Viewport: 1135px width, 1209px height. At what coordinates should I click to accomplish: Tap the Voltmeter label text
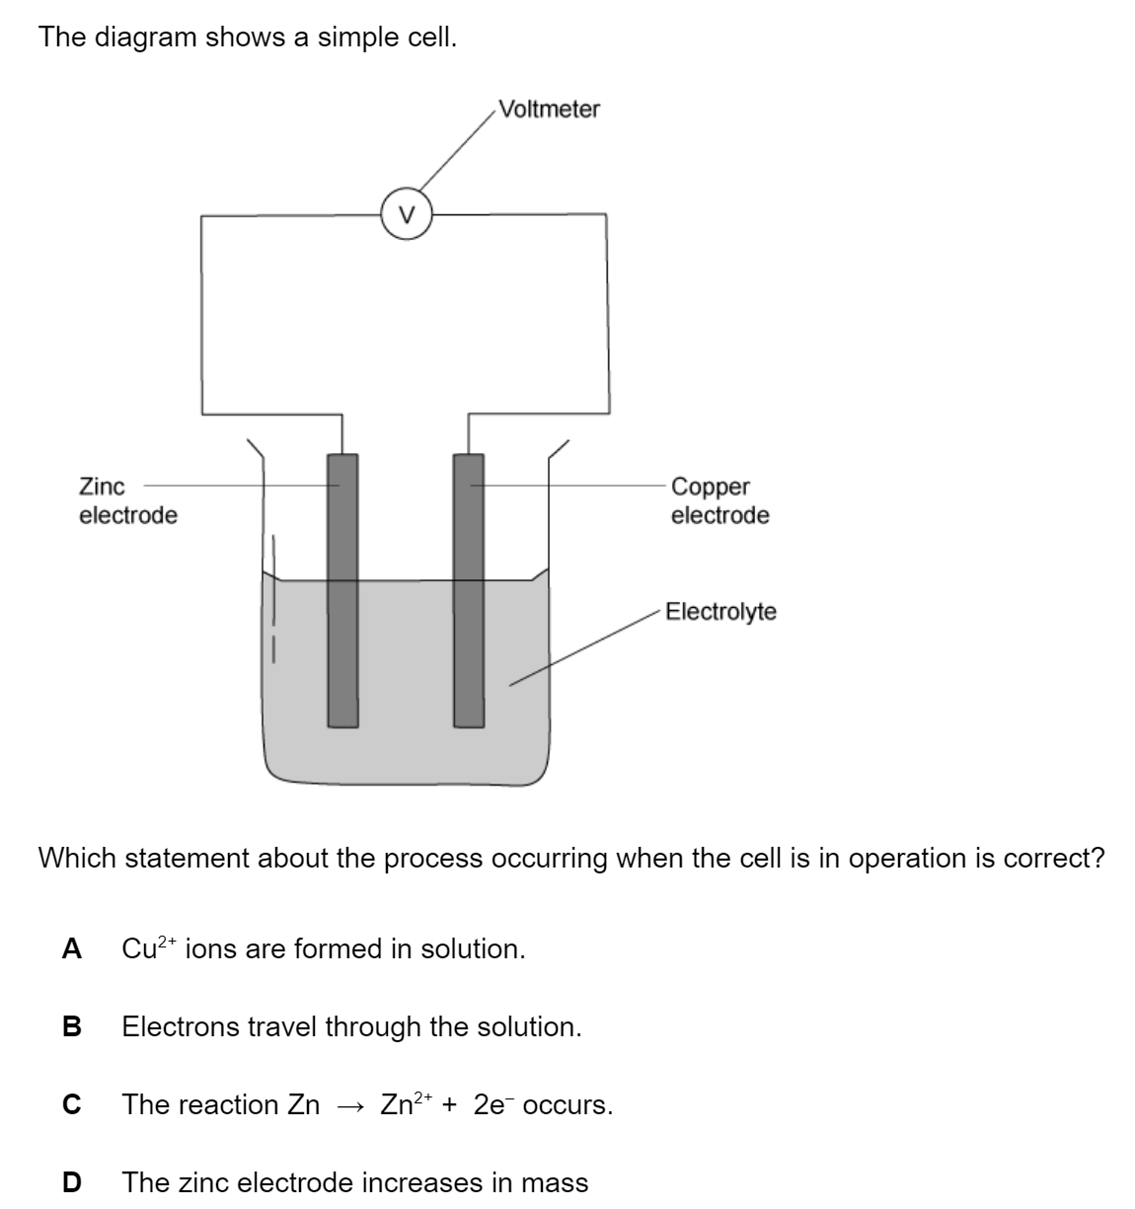549,109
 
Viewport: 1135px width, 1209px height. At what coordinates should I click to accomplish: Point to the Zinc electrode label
127,500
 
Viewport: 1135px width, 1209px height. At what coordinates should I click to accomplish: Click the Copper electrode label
719,500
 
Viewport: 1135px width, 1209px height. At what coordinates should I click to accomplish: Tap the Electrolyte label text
720,612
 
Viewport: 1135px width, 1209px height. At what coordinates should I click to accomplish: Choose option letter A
71,949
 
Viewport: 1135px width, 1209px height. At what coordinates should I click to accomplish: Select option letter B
71,1027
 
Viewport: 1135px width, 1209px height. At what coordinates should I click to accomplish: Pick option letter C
71,1105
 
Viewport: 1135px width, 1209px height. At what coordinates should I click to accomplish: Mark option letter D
71,1182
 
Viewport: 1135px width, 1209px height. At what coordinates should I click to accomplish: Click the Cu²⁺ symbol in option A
148,948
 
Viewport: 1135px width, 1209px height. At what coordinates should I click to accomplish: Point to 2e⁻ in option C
493,1104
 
